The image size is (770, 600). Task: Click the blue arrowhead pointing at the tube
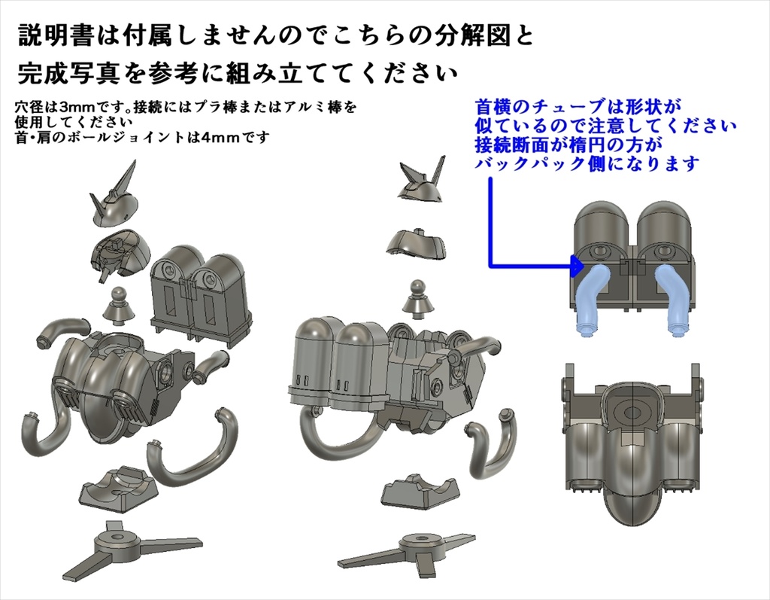click(x=576, y=265)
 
